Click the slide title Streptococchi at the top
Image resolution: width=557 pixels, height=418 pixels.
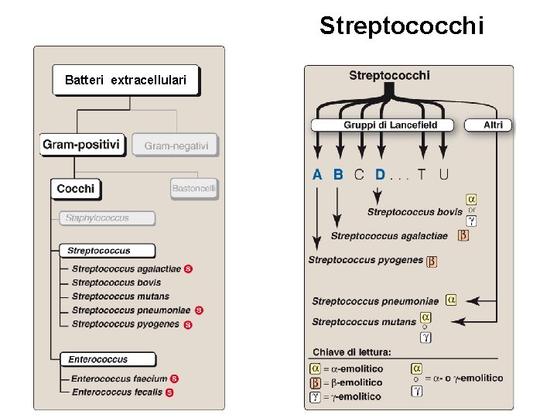click(x=402, y=26)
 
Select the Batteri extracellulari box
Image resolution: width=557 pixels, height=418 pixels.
click(x=125, y=80)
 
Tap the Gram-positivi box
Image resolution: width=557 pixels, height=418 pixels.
click(x=81, y=145)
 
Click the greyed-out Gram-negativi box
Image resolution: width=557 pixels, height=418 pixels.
click(x=176, y=146)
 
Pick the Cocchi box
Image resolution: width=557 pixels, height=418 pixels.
click(x=76, y=188)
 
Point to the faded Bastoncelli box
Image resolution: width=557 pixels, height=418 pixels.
click(x=194, y=188)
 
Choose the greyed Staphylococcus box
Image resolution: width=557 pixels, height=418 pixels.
click(x=108, y=218)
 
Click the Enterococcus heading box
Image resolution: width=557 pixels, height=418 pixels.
click(x=108, y=359)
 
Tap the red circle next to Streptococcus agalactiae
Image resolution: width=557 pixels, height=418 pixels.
click(x=189, y=269)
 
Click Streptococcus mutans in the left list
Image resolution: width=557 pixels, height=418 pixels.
click(x=120, y=296)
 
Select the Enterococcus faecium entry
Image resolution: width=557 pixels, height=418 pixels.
click(x=119, y=379)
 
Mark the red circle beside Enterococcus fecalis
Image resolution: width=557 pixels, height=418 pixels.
click(x=169, y=392)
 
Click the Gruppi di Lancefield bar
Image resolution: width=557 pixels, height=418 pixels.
click(x=385, y=125)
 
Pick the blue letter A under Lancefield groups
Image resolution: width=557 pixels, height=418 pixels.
click(x=317, y=175)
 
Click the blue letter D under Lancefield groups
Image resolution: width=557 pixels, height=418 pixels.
click(x=379, y=175)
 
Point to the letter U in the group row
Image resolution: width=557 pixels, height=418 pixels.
click(x=443, y=175)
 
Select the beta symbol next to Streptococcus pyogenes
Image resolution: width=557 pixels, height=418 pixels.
click(x=432, y=261)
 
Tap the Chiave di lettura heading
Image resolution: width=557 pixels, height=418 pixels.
click(x=352, y=352)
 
